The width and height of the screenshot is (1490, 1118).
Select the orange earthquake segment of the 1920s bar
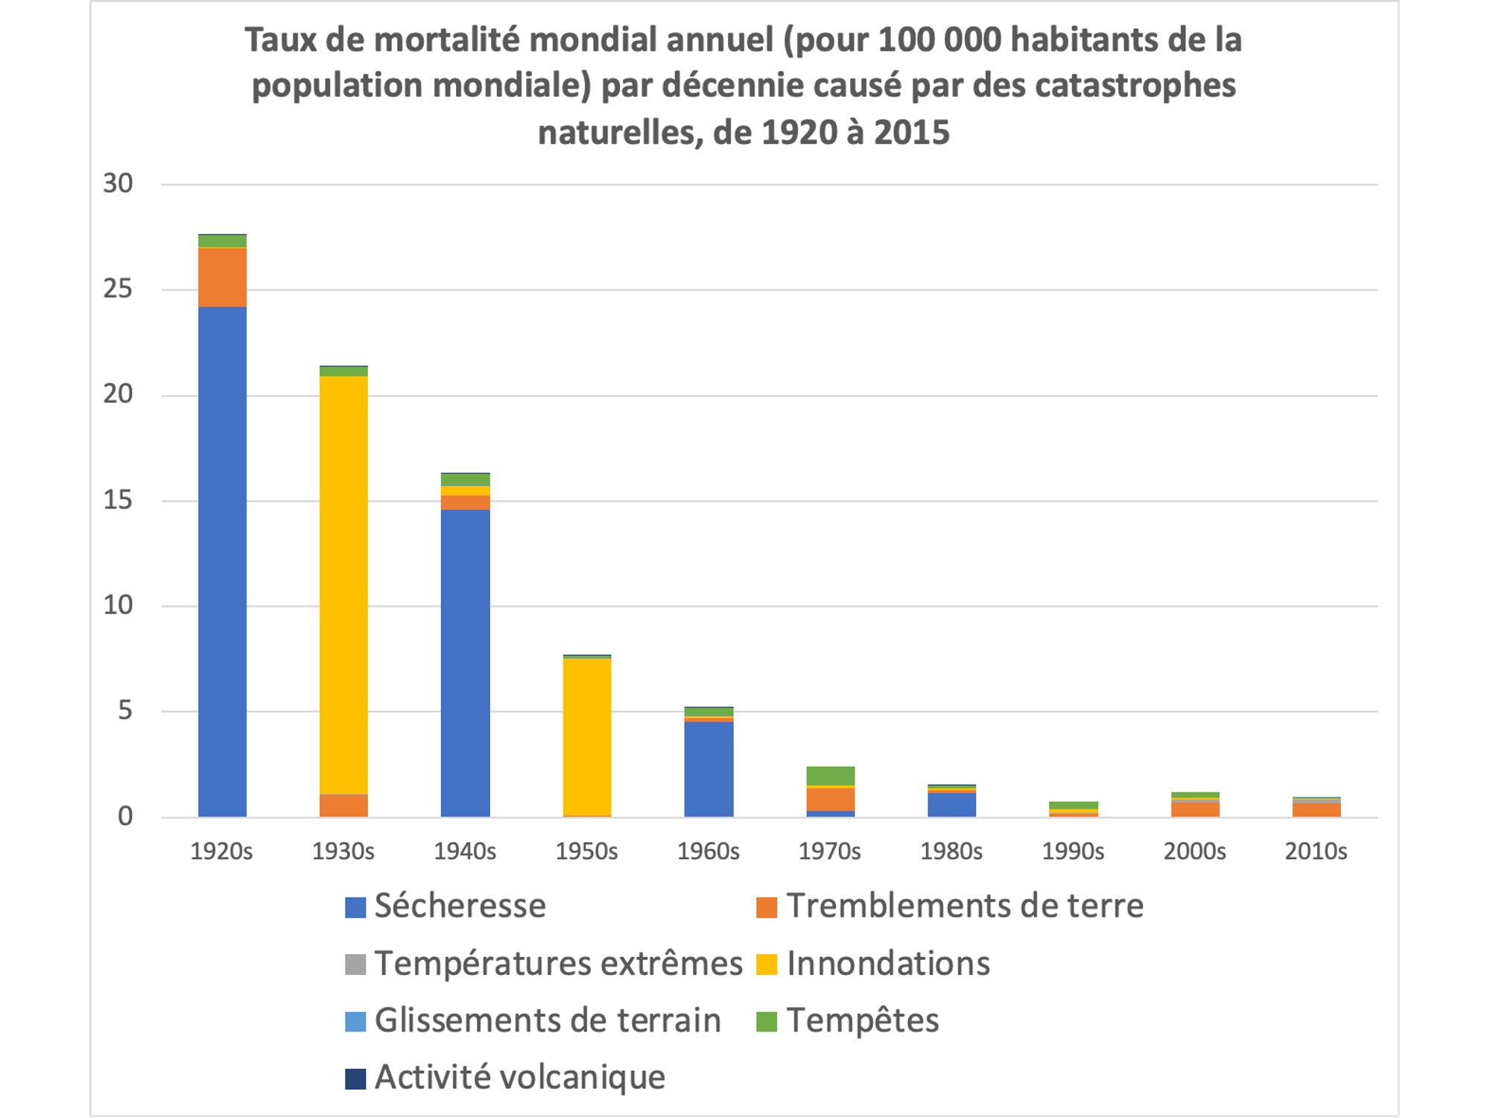[x=222, y=277]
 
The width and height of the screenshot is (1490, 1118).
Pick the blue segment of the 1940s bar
[x=465, y=663]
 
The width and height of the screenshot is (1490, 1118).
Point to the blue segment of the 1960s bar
[x=708, y=768]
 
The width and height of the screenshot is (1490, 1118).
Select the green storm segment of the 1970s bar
[x=830, y=775]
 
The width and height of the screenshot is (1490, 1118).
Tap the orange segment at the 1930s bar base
[x=343, y=805]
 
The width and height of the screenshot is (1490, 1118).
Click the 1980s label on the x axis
[x=951, y=851]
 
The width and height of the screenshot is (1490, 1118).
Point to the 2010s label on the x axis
[x=1316, y=851]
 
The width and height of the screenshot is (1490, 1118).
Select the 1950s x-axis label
[x=586, y=851]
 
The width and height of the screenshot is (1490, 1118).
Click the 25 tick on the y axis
[x=118, y=289]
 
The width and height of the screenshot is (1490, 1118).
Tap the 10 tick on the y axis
[x=118, y=605]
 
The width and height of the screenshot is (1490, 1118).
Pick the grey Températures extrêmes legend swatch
[x=355, y=964]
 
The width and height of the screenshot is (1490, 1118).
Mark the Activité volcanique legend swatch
[x=355, y=1078]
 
